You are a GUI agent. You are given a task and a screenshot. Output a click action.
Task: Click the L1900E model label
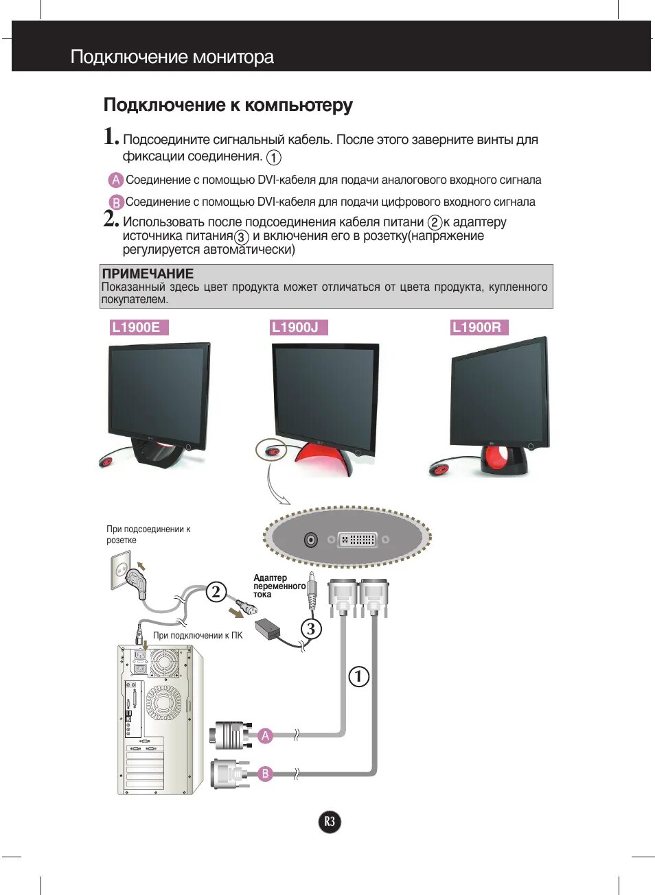(x=137, y=328)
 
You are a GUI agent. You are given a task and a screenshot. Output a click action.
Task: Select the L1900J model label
(x=297, y=328)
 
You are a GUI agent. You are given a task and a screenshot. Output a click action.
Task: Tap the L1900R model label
(x=478, y=328)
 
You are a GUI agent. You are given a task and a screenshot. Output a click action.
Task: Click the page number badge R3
(x=330, y=822)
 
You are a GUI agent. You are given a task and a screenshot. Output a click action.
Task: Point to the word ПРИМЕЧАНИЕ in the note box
(x=148, y=274)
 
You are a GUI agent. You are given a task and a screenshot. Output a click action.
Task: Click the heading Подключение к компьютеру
(x=228, y=105)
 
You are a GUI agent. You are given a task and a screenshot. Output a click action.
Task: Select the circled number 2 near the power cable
(x=216, y=591)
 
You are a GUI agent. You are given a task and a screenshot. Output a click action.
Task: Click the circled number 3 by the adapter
(x=311, y=628)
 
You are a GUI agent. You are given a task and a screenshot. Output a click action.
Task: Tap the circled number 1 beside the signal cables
(x=358, y=676)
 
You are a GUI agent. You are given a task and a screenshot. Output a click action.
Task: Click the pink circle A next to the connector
(x=266, y=736)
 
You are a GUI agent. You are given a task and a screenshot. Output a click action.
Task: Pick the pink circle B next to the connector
(x=266, y=774)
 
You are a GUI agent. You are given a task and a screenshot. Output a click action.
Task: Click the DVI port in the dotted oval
(x=358, y=540)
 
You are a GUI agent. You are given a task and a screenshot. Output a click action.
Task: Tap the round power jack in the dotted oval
(x=311, y=540)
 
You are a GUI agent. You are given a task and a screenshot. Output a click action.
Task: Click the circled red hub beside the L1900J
(x=272, y=451)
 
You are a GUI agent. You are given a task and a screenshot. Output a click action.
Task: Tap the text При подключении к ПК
(x=198, y=636)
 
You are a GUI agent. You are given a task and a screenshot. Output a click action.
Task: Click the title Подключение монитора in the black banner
(x=172, y=57)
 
